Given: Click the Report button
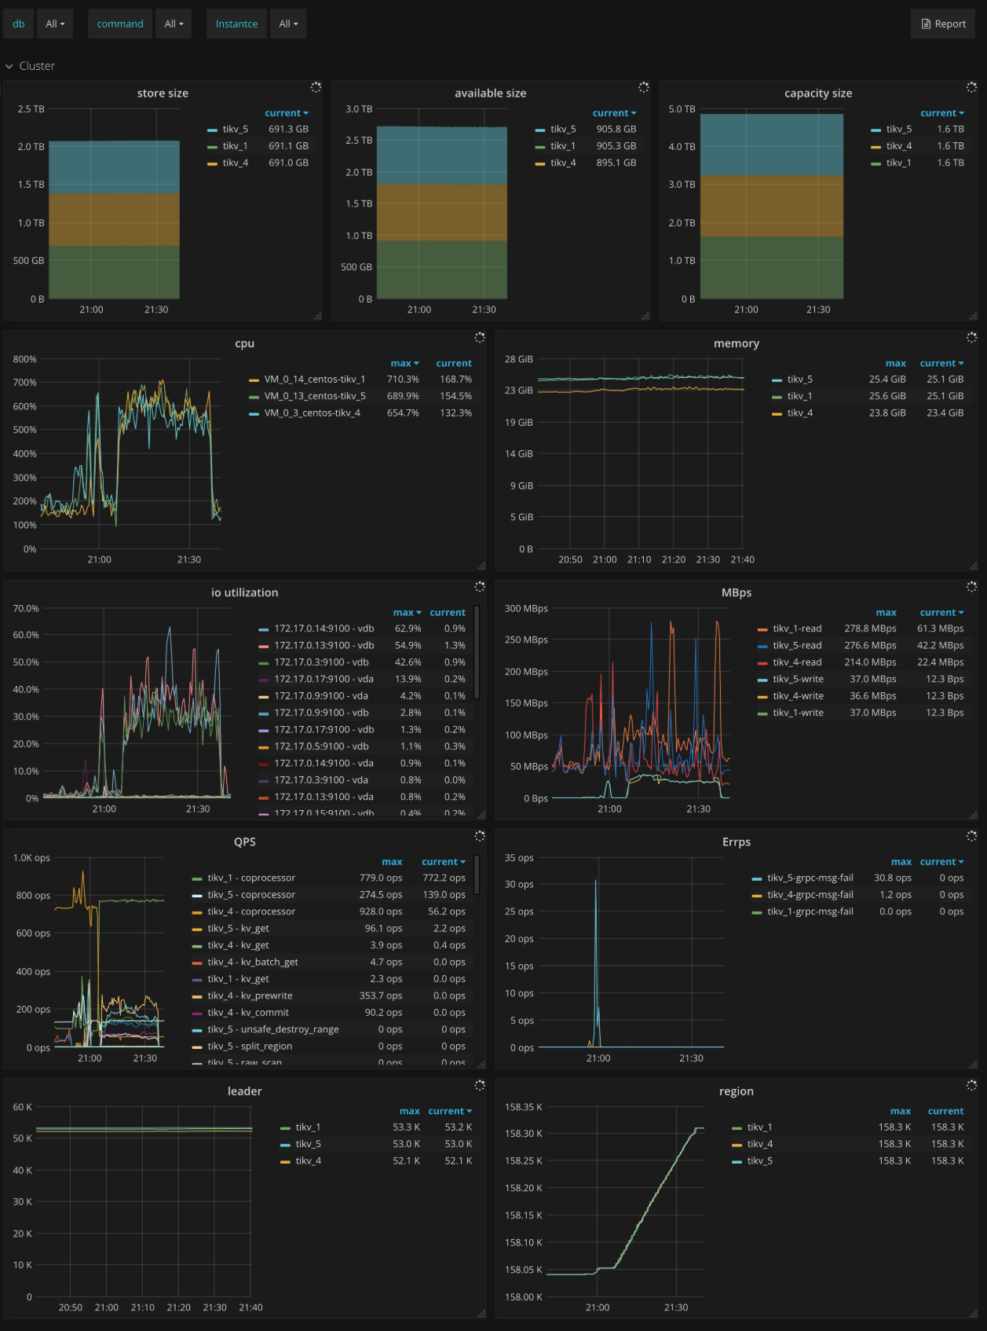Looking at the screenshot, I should click(943, 24).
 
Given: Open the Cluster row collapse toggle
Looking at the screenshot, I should click(9, 67).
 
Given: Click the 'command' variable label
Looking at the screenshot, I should click(120, 24).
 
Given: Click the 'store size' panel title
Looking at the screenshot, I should click(163, 93).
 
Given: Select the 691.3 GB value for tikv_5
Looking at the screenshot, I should click(288, 129).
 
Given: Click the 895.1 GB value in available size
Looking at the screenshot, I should click(616, 163).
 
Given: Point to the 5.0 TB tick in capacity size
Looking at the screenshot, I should click(682, 109).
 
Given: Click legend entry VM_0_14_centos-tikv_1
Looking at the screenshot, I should click(314, 379).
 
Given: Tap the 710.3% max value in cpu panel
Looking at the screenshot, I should click(403, 379).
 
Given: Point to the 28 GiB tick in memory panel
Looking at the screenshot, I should click(519, 359).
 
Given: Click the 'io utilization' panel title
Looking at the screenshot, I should click(244, 592).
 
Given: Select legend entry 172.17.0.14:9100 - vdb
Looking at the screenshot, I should click(324, 629).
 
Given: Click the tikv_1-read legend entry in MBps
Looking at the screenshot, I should click(797, 629).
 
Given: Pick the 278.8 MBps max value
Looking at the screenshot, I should click(870, 629).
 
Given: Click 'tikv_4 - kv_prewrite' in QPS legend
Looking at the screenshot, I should click(250, 995).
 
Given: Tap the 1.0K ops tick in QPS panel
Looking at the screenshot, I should click(31, 858).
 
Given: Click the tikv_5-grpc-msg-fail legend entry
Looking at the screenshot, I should click(810, 878).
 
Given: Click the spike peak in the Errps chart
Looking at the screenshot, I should click(595, 881).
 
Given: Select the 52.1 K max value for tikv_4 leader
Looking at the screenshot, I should click(406, 1160).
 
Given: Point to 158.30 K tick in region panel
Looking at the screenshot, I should click(524, 1134).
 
